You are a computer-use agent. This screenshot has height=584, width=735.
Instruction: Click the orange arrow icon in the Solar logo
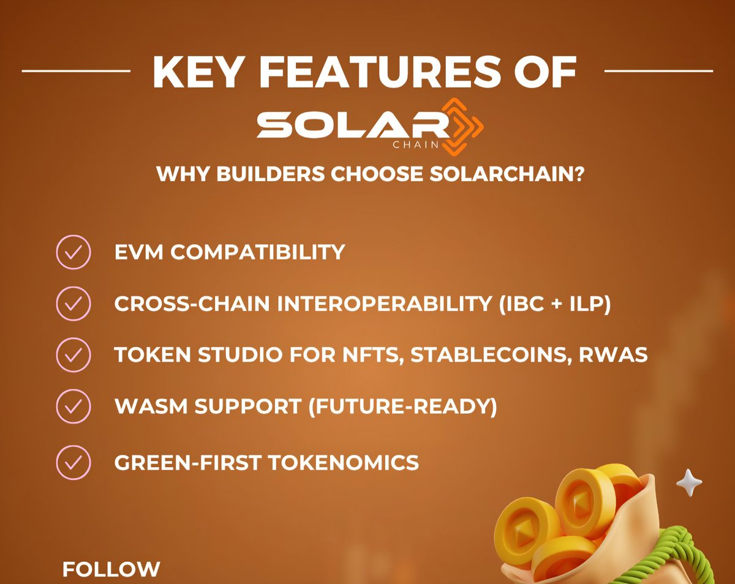[463, 125]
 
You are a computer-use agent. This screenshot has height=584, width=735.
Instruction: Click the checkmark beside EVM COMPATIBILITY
[73, 252]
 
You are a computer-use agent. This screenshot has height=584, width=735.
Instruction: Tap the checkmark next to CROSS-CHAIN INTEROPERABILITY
[73, 304]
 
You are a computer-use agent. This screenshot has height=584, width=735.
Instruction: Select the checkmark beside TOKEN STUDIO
[73, 355]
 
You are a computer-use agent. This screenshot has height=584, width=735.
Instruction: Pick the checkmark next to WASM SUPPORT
[73, 406]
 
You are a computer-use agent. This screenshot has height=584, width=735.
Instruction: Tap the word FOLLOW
[111, 569]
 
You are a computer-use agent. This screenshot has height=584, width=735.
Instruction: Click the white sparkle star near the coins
[689, 484]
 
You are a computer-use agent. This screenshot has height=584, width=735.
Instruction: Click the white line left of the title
[76, 71]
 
